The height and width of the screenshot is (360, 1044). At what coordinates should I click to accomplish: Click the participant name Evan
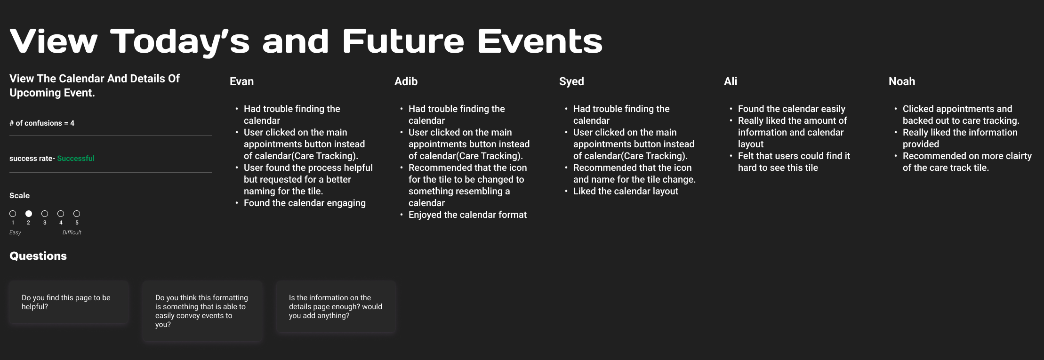(241, 81)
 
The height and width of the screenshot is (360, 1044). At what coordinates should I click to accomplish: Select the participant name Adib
(406, 81)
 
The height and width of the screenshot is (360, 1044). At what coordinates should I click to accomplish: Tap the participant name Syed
(571, 81)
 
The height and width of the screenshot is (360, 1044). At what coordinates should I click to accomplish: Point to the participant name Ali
(731, 81)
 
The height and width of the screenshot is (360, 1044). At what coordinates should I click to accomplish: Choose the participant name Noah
(902, 81)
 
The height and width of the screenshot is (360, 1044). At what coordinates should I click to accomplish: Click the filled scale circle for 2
(29, 214)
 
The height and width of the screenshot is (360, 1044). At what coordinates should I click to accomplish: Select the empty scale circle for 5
(77, 214)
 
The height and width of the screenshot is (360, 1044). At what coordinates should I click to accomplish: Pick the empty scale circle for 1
(13, 214)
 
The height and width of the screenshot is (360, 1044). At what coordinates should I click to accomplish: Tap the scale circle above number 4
(61, 214)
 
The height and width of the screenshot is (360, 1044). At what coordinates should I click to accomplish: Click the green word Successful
(76, 159)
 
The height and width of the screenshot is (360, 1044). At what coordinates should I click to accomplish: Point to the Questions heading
(38, 256)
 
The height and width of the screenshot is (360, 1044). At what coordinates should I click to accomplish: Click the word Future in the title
(403, 41)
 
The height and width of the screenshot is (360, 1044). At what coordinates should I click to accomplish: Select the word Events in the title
(540, 41)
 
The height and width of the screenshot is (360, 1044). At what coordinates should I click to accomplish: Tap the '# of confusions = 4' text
(42, 123)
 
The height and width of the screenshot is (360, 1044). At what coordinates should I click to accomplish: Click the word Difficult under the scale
(72, 232)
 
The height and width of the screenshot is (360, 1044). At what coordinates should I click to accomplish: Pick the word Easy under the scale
(15, 232)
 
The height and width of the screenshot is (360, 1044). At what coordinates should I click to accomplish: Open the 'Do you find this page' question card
(69, 302)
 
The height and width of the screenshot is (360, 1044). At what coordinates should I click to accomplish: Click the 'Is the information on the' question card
(336, 307)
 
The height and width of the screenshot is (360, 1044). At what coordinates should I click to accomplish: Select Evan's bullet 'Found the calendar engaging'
(305, 203)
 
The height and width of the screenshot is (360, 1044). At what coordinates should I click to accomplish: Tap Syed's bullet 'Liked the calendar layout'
(626, 192)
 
